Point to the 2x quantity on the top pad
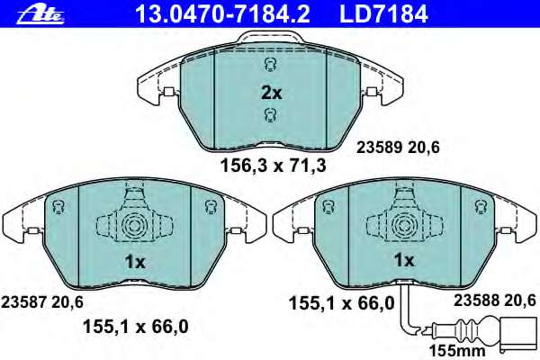pyautogui.click(x=271, y=92)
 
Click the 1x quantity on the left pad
pyautogui.click(x=134, y=261)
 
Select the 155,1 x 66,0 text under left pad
pyautogui.click(x=136, y=327)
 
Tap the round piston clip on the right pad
pyautogui.click(x=403, y=226)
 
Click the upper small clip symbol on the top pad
pyautogui.click(x=270, y=64)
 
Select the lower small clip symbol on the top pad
pyautogui.click(x=270, y=113)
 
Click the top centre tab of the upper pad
pyautogui.click(x=270, y=38)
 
